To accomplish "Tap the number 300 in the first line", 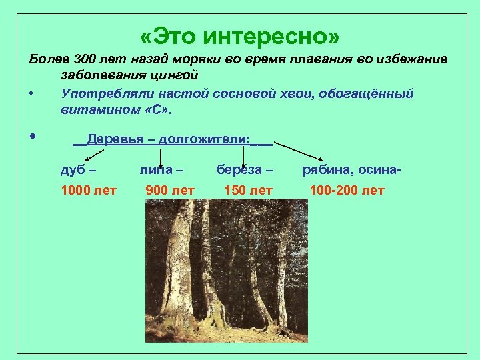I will (86, 59).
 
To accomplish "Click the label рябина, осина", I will (351, 170).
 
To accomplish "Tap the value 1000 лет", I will (88, 191).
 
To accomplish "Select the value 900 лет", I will (169, 191).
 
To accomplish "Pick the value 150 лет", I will (248, 191).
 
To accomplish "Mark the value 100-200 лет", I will (347, 191).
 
